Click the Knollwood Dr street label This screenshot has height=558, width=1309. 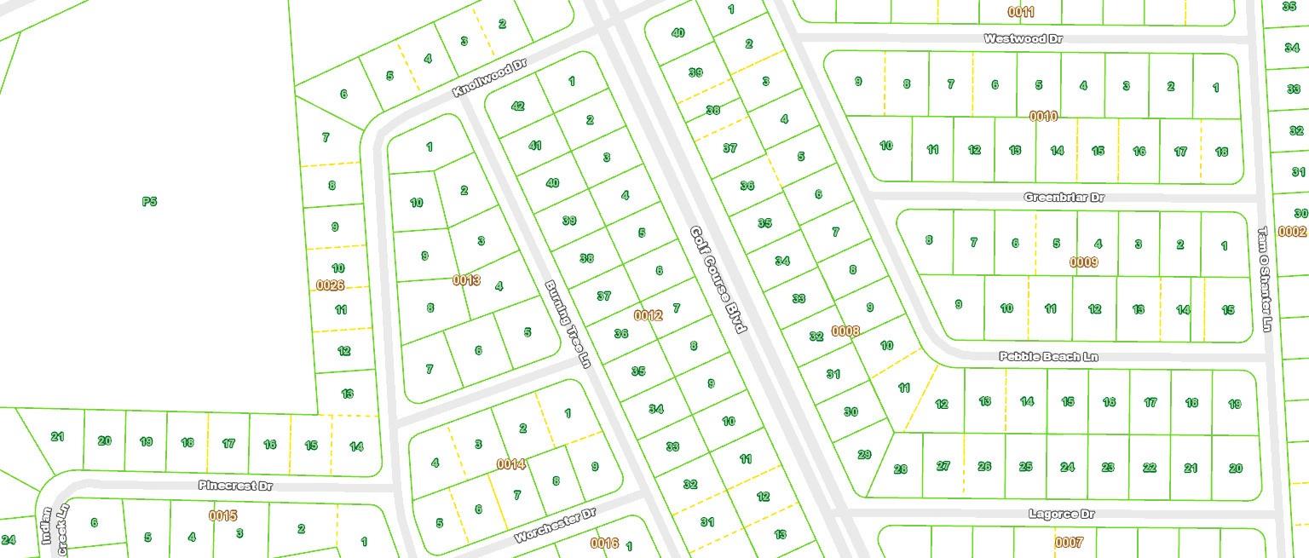pos(490,78)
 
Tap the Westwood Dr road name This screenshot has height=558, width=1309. pos(1023,38)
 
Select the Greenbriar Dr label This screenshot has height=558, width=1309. pos(1064,197)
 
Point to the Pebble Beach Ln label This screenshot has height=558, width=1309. pos(1048,356)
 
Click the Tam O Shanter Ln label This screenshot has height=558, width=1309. pos(1265,279)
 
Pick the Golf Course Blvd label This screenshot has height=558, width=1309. pos(718,279)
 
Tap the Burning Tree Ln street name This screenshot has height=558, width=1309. pos(568,324)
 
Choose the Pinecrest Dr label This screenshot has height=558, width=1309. pos(235,486)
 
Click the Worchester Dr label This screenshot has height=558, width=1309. pos(555,527)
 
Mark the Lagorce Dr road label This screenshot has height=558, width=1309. pos(1061,514)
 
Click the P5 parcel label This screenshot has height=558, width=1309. pos(149,202)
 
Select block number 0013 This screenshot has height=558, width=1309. pos(466,279)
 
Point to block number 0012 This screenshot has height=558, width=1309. pos(648,315)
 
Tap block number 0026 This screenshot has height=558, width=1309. pos(330,285)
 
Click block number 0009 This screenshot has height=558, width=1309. pos(1083,262)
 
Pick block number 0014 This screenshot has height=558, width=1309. pos(511,464)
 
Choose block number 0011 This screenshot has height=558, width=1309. pos(1021,12)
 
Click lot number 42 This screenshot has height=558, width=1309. pos(517,106)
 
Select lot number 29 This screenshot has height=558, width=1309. pos(864,454)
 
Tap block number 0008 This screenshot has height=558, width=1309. pos(845,331)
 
